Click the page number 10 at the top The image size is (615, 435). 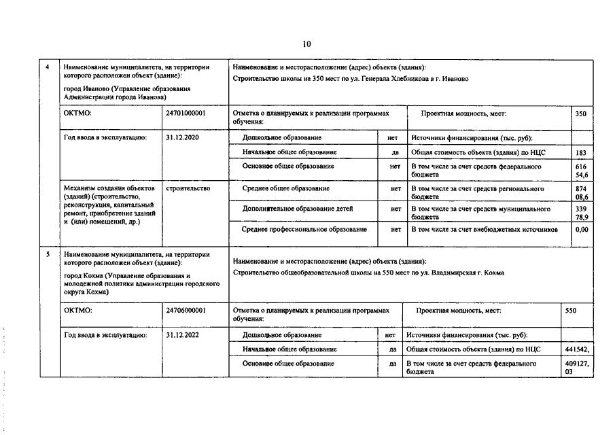pyautogui.click(x=307, y=44)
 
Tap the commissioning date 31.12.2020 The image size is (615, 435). pyautogui.click(x=181, y=137)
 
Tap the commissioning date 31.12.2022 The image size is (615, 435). pyautogui.click(x=181, y=335)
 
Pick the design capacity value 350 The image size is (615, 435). pyautogui.click(x=580, y=114)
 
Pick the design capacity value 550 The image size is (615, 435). pyautogui.click(x=571, y=310)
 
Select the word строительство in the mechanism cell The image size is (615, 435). pyautogui.click(x=188, y=188)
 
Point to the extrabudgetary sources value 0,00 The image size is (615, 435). pyautogui.click(x=581, y=230)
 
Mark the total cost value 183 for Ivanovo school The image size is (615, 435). pyautogui.click(x=580, y=153)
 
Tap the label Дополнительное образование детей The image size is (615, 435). pyautogui.click(x=298, y=209)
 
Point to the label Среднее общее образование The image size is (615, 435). pyautogui.click(x=286, y=188)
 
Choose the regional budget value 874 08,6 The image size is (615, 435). pyautogui.click(x=581, y=192)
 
